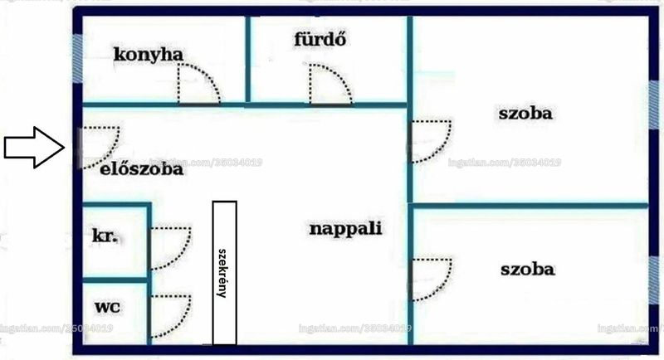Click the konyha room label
click(149, 55)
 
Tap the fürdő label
click(320, 39)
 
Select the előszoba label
click(141, 168)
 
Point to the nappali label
click(345, 229)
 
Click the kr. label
click(105, 236)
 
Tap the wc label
click(107, 307)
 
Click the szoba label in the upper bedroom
click(525, 114)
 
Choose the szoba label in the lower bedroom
click(527, 270)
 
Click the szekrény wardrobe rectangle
click(224, 272)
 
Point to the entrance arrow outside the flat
click(34, 147)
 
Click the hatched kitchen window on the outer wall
click(77, 58)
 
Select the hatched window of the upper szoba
click(653, 105)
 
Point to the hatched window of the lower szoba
click(653, 280)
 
